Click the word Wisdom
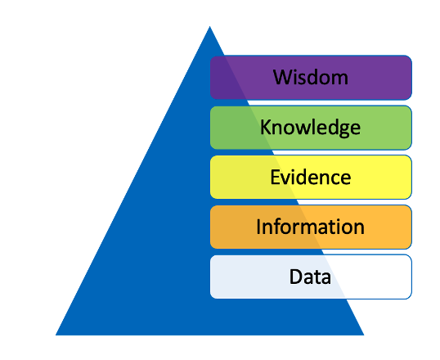tap(311, 77)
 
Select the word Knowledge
tap(310, 128)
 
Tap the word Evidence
tap(311, 177)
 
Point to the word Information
tap(310, 227)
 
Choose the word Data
tap(310, 277)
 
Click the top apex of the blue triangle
tap(209, 26)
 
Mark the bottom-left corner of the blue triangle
tap(56, 335)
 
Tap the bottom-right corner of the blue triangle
tap(364, 335)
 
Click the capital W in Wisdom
tap(283, 77)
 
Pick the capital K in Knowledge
tap(266, 127)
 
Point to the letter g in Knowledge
tap(343, 130)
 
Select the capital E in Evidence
tap(275, 177)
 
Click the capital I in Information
tap(258, 227)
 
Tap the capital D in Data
tap(296, 277)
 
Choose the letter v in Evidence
tap(285, 179)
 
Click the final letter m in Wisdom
tap(339, 79)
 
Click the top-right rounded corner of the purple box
tap(410, 58)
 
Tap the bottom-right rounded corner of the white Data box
tap(410, 296)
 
